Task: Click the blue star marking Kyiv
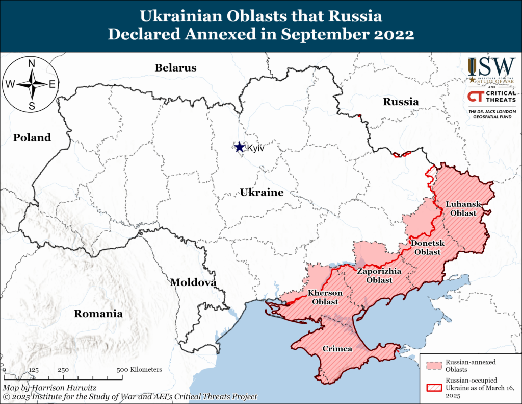tap(239, 147)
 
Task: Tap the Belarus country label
tap(176, 67)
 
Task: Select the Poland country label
tap(32, 137)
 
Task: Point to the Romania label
tap(98, 314)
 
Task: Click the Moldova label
tap(193, 282)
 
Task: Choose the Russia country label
tap(401, 102)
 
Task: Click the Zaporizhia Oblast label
tap(375, 276)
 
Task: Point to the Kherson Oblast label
tap(325, 297)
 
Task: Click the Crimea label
tap(337, 349)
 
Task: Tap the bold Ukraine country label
tap(262, 193)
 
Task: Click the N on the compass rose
tap(32, 63)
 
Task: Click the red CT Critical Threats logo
tap(475, 97)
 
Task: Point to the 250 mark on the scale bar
tap(64, 369)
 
